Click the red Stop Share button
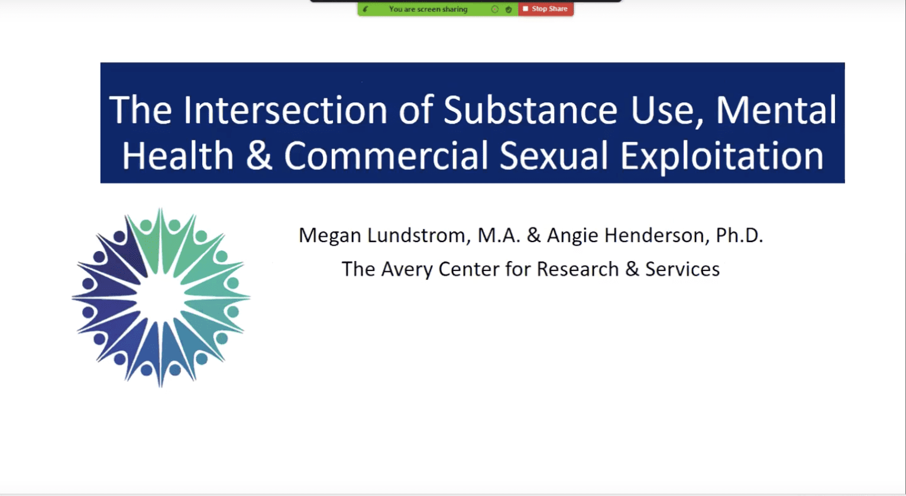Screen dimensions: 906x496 pyautogui.click(x=546, y=9)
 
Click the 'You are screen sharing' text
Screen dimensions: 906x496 pyautogui.click(x=428, y=9)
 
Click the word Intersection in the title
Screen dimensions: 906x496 pyautogui.click(x=285, y=109)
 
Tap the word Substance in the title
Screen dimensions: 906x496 pyautogui.click(x=530, y=109)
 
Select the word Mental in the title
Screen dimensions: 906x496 pyautogui.click(x=776, y=109)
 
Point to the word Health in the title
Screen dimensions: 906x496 pyautogui.click(x=178, y=156)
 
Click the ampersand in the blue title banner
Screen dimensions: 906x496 pyautogui.click(x=259, y=156)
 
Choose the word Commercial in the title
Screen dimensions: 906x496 pyautogui.click(x=386, y=156)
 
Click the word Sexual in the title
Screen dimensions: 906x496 pyautogui.click(x=554, y=156)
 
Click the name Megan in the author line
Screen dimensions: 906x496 pyautogui.click(x=329, y=236)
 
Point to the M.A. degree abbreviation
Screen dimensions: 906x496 pyautogui.click(x=499, y=236)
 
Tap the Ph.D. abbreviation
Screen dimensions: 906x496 pyautogui.click(x=739, y=235)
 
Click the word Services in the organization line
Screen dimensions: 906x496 pyautogui.click(x=682, y=269)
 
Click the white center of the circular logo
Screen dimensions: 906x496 pyautogui.click(x=161, y=298)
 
